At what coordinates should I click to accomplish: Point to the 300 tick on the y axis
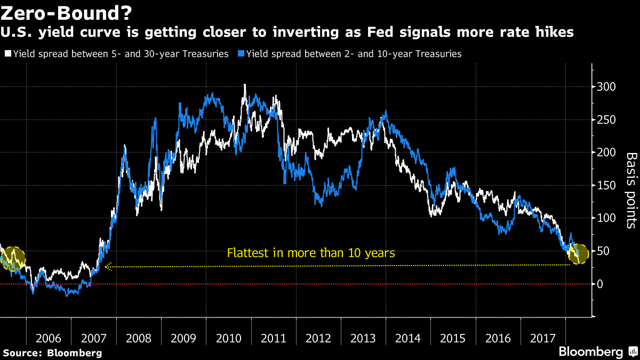point(606,87)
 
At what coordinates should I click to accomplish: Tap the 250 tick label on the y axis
point(606,120)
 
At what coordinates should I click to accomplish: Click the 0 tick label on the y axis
point(600,284)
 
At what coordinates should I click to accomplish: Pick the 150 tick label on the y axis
point(606,186)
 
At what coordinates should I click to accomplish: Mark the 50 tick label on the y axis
point(603,251)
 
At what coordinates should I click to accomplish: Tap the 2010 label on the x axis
point(230,339)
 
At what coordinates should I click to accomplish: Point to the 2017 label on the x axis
point(547,339)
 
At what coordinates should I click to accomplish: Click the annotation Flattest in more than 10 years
point(311,253)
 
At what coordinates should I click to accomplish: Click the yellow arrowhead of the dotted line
point(107,267)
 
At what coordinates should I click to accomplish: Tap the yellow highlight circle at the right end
point(577,253)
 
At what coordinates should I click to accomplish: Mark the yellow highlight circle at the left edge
point(14,258)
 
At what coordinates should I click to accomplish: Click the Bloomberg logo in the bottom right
point(597,351)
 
